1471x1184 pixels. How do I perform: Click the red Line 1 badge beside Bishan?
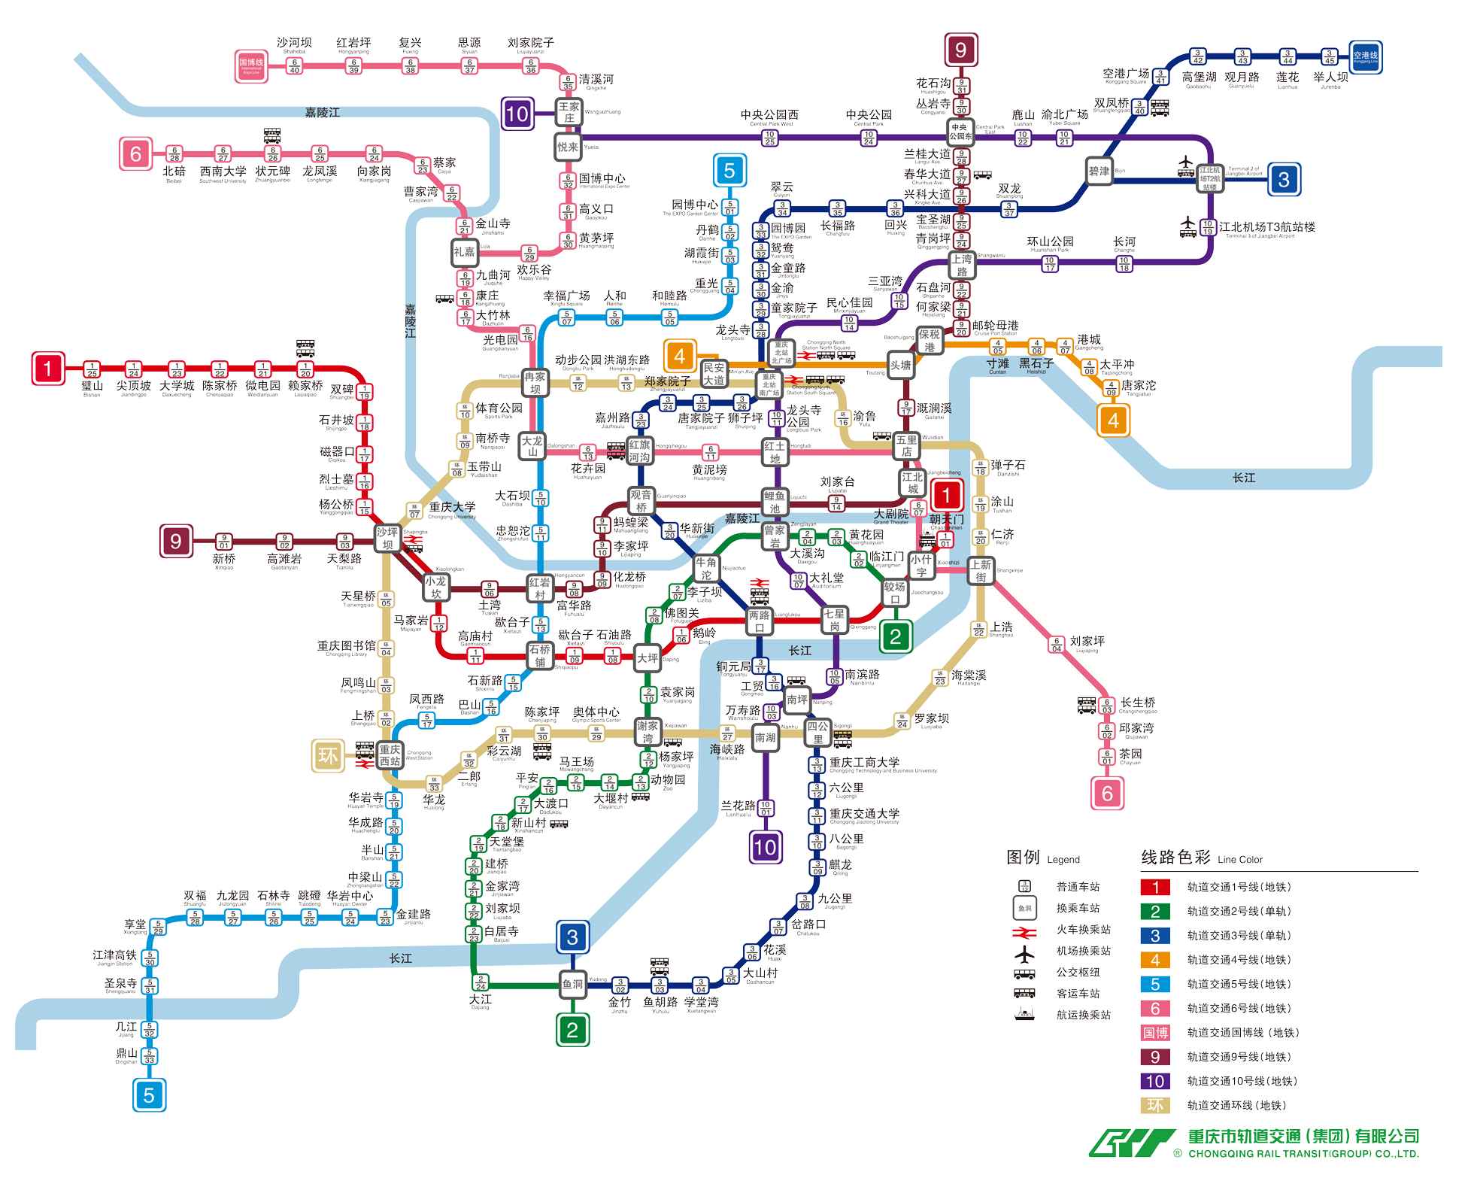click(48, 369)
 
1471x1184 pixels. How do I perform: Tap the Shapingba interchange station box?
click(387, 539)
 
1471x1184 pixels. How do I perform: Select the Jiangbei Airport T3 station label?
click(1267, 227)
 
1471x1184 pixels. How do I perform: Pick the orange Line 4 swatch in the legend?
click(1155, 960)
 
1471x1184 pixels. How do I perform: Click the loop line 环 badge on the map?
click(328, 755)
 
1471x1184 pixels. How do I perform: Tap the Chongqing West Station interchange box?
click(390, 755)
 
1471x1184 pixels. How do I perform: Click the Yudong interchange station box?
click(572, 984)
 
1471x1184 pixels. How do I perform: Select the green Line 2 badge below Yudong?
click(572, 1030)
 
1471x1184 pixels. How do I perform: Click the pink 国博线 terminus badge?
click(251, 66)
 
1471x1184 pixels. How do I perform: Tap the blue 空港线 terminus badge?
click(1365, 56)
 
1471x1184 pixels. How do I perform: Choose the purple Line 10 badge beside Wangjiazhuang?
click(517, 114)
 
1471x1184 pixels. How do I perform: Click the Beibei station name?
click(174, 172)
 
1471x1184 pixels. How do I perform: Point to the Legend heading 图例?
click(1023, 858)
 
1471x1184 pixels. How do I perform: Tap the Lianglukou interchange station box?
click(760, 621)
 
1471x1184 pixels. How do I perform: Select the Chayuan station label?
click(1130, 754)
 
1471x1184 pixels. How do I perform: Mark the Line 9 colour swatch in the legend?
click(1155, 1057)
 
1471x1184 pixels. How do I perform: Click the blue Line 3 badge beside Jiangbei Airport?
click(1284, 180)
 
